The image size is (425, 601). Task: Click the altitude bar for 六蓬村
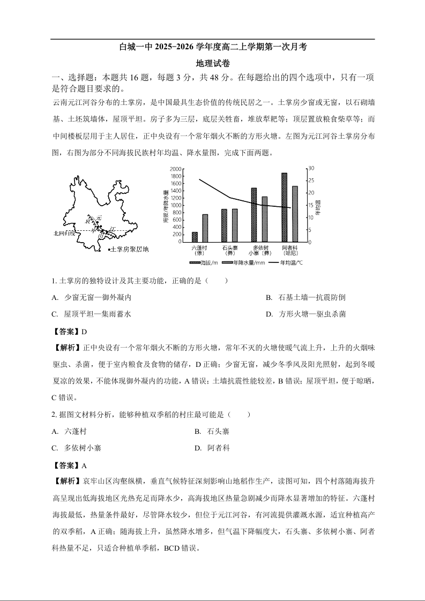(x=195, y=237)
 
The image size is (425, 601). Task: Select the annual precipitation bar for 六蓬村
(x=205, y=228)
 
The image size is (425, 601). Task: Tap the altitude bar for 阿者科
(x=284, y=207)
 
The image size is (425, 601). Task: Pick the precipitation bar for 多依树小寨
(x=264, y=219)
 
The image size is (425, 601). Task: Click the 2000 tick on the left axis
(x=175, y=169)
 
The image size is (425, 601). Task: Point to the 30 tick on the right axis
(x=312, y=169)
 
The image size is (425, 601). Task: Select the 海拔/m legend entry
(x=204, y=263)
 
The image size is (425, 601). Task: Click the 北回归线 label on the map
(x=63, y=233)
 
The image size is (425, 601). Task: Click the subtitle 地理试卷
(x=213, y=63)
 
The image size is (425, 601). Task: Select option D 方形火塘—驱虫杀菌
(x=305, y=314)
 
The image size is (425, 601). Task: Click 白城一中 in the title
(x=136, y=47)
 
